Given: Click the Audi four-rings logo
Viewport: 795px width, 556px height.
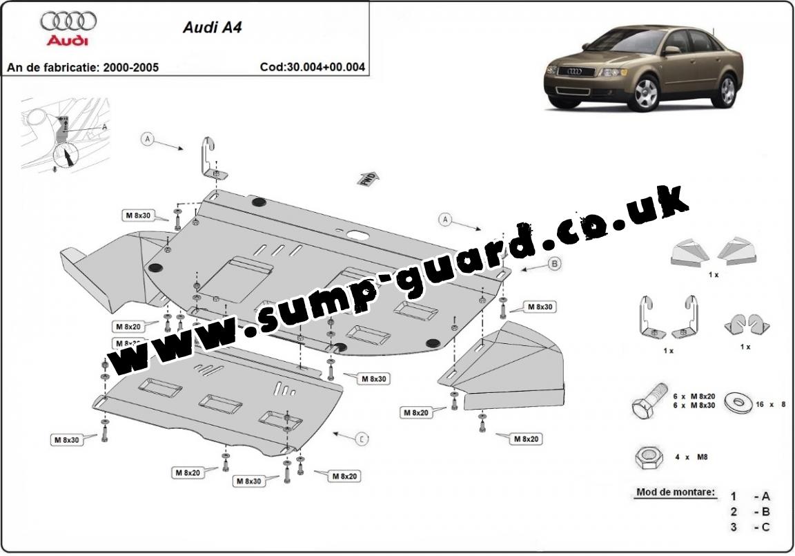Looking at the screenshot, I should click(x=68, y=21).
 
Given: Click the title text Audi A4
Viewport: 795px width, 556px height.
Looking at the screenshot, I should click(x=202, y=28).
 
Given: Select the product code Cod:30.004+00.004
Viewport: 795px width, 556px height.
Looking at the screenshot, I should click(x=312, y=68).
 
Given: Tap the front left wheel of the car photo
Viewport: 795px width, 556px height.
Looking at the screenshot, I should click(x=645, y=94).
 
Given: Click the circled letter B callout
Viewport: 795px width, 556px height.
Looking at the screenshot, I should click(x=554, y=263).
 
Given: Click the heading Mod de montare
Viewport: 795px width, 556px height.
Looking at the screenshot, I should click(x=675, y=493).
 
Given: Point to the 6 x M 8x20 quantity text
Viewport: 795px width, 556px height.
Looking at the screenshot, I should click(x=695, y=396).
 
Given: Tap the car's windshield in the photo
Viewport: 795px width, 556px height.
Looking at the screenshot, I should click(x=628, y=43).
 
